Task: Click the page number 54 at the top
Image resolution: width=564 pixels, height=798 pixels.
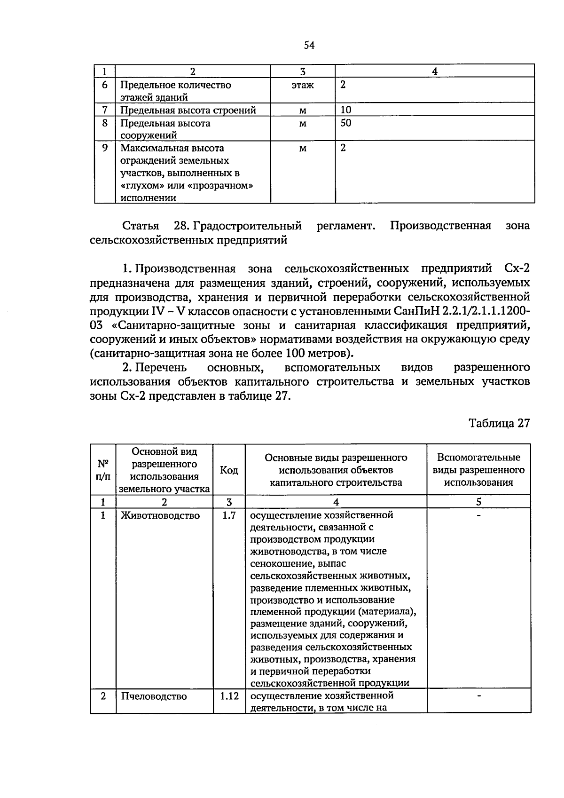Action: pos(308,45)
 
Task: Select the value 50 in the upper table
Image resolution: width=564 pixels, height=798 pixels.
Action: pos(346,123)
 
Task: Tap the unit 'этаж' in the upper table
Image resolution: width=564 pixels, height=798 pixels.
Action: pos(303,85)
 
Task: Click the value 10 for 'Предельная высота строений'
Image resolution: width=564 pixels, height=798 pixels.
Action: pos(346,110)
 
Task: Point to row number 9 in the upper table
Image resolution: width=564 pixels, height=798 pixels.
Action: pos(105,148)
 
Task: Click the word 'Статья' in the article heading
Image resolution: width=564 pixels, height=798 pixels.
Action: pos(141,226)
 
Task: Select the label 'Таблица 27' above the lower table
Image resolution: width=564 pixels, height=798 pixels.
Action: pos(499,423)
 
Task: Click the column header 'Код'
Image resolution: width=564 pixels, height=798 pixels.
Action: pos(229,470)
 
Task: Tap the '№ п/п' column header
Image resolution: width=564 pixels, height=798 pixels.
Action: pos(103,470)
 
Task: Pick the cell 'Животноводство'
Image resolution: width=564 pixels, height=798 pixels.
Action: pos(160,515)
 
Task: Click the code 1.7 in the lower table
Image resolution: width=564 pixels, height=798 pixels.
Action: pos(229,515)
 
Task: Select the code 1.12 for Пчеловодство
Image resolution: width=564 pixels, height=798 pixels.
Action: pos(229,696)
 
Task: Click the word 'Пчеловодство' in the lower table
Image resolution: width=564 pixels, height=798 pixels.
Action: pos(154,696)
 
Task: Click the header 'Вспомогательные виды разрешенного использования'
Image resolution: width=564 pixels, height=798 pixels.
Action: pos(478,470)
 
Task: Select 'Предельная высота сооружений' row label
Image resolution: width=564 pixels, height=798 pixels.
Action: pos(165,129)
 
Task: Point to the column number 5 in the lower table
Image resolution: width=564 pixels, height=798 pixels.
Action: pos(478,502)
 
